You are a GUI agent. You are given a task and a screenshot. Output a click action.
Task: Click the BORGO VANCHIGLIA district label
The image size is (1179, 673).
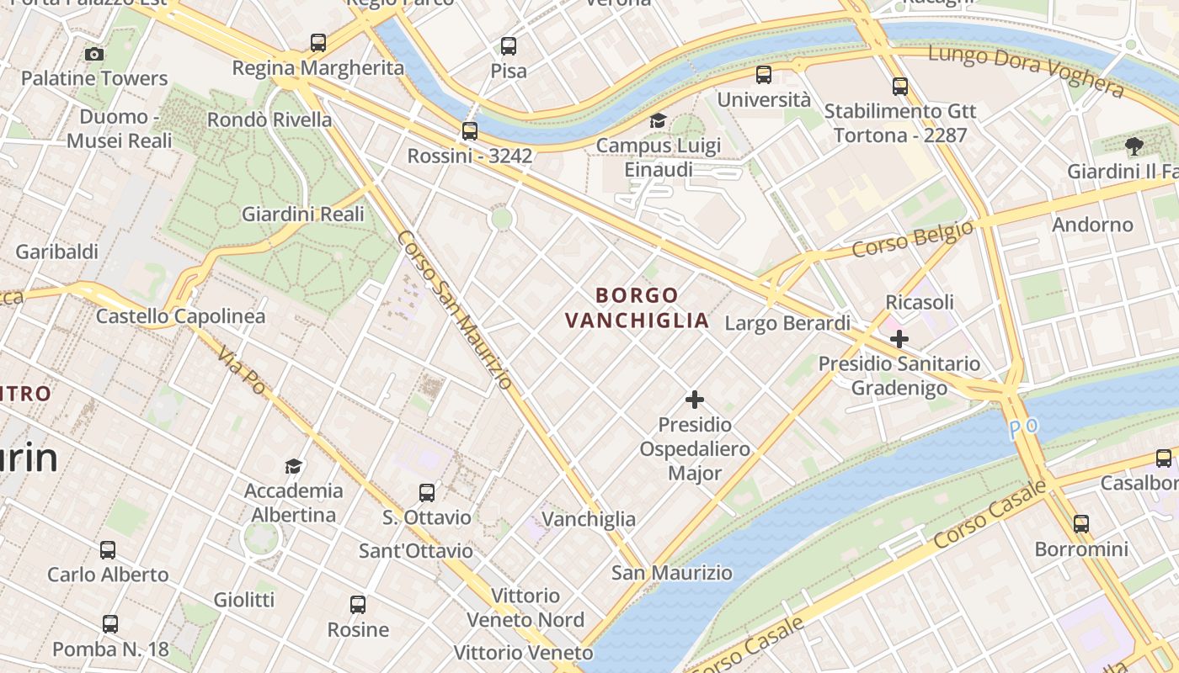click(637, 308)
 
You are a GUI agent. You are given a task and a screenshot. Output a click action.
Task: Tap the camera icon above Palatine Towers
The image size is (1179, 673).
click(94, 55)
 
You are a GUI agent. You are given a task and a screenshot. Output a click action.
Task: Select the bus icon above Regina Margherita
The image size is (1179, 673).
click(318, 43)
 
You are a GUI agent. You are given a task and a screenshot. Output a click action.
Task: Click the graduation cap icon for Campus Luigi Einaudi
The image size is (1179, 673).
click(658, 121)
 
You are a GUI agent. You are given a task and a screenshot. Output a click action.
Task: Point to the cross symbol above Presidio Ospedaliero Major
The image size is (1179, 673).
click(695, 400)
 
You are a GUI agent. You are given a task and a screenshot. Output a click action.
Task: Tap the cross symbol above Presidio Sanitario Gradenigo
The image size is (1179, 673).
click(899, 339)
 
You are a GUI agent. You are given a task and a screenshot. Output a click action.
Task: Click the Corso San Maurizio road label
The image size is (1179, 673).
click(454, 310)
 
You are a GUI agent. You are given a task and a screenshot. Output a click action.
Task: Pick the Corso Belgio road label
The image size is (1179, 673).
click(913, 238)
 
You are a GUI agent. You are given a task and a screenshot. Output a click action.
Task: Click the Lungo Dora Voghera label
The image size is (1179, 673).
click(1026, 72)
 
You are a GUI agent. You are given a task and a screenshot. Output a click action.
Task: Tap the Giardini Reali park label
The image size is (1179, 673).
click(303, 215)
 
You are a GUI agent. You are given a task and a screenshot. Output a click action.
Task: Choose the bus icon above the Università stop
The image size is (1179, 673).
click(764, 75)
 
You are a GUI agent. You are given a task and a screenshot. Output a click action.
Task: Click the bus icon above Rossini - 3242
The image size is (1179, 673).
click(470, 131)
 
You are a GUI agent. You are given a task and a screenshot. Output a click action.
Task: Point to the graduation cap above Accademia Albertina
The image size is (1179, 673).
click(293, 466)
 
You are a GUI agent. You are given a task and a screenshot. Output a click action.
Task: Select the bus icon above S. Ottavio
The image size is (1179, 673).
click(427, 493)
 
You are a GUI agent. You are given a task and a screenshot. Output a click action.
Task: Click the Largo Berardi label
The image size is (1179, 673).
click(787, 323)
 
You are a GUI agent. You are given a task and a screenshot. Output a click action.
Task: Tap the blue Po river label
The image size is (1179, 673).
click(1024, 427)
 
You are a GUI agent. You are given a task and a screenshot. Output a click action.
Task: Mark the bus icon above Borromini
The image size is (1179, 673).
click(1081, 524)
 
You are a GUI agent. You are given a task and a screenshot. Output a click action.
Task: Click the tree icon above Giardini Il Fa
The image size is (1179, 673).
click(1134, 146)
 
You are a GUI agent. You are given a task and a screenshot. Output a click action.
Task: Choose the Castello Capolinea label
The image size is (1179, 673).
click(180, 316)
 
